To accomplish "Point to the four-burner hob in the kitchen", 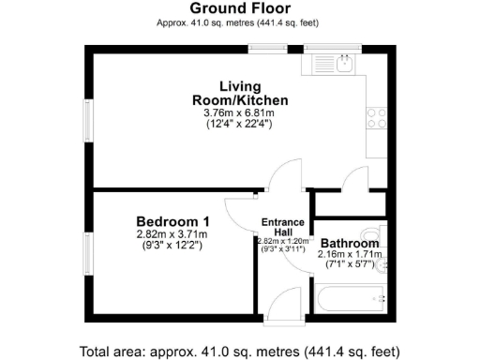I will [378, 118].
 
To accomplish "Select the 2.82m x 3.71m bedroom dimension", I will [171, 234].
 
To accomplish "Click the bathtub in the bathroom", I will [352, 300].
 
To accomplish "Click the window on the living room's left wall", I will [89, 122].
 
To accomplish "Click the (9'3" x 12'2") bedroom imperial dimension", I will [171, 246].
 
